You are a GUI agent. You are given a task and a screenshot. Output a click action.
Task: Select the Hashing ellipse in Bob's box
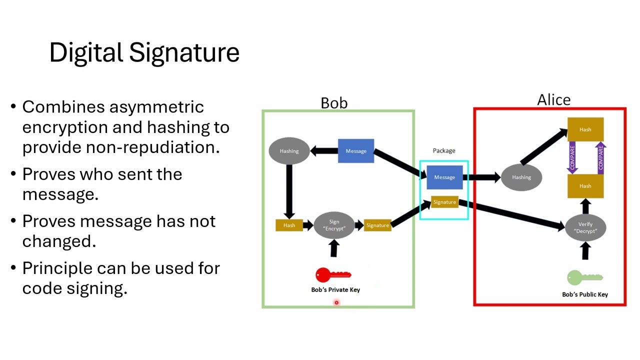pyautogui.click(x=289, y=150)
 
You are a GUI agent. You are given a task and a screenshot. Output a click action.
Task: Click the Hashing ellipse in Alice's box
pyautogui.click(x=521, y=177)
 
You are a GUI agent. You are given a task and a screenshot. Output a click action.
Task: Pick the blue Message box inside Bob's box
pyautogui.click(x=356, y=151)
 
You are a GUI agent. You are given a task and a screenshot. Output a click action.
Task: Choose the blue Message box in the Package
pyautogui.click(x=444, y=177)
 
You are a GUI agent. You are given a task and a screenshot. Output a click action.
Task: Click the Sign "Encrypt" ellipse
pyautogui.click(x=334, y=225)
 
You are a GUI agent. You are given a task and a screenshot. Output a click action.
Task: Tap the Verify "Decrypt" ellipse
pyautogui.click(x=585, y=227)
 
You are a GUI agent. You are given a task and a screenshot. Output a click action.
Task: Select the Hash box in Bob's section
pyautogui.click(x=289, y=225)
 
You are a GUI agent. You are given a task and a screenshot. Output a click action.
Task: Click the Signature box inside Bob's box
pyautogui.click(x=377, y=225)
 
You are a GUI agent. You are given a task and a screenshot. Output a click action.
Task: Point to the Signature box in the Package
pyautogui.click(x=444, y=202)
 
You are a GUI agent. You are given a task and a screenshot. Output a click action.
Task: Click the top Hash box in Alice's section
pyautogui.click(x=585, y=129)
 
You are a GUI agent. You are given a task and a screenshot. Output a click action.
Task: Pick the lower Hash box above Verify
pyautogui.click(x=585, y=186)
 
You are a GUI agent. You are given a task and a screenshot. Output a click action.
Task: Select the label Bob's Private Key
pyautogui.click(x=335, y=290)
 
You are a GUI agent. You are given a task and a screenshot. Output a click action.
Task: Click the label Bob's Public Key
pyautogui.click(x=585, y=294)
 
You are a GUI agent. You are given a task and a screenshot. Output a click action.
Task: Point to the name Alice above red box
pyautogui.click(x=553, y=100)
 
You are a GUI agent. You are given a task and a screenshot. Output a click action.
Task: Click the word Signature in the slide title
pyautogui.click(x=184, y=52)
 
